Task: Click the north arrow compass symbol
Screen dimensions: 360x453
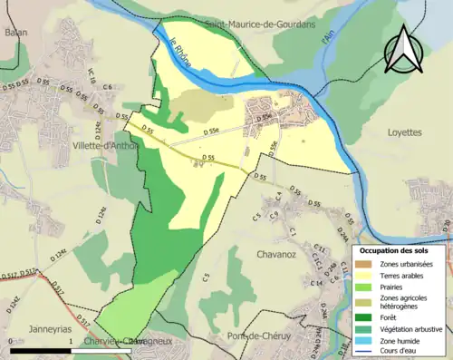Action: click(x=405, y=49)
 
